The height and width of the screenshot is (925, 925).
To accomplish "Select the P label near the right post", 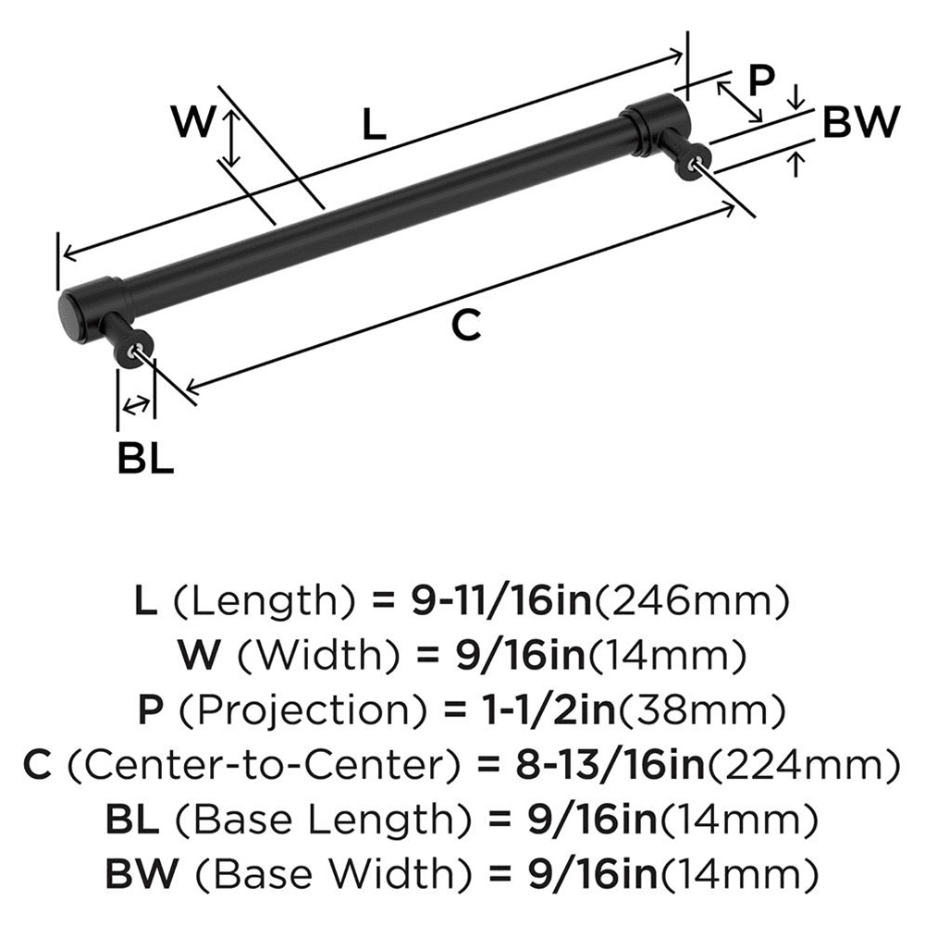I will (x=759, y=81).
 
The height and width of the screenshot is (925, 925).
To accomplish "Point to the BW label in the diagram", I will (x=860, y=123).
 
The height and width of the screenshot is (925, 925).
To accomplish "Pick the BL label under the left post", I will (x=146, y=458).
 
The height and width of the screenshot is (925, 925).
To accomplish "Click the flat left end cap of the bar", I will (x=69, y=314).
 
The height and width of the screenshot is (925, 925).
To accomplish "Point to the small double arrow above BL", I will (x=136, y=403).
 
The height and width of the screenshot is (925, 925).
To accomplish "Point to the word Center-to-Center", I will (x=263, y=766).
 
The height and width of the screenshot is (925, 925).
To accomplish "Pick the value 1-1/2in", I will (x=528, y=711).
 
